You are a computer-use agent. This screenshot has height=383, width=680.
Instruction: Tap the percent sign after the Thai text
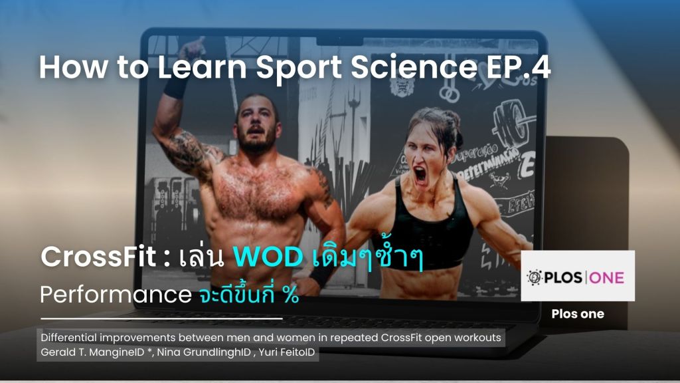(x=289, y=295)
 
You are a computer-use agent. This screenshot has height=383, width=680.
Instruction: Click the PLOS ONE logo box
(x=577, y=276)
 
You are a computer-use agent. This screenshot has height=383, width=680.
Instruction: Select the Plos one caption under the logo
(x=577, y=314)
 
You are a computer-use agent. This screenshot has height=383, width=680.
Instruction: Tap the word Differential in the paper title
(x=68, y=338)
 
